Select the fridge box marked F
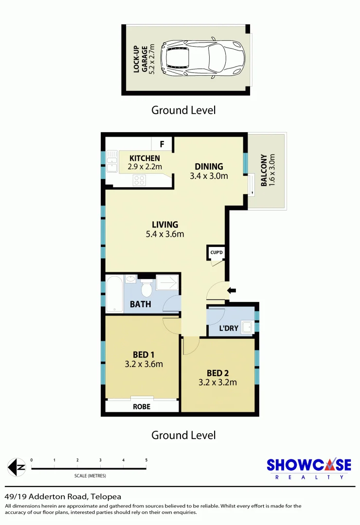162,144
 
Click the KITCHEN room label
144,158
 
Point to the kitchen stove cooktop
139,180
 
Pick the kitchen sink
112,164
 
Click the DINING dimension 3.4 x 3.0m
209,176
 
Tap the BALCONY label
264,171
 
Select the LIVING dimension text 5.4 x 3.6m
164,234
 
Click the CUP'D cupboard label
216,253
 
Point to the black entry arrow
232,291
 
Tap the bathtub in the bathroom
114,294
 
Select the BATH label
140,305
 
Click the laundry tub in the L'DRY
247,327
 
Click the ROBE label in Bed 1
142,406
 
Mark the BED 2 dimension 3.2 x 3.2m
218,382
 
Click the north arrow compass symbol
18,468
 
